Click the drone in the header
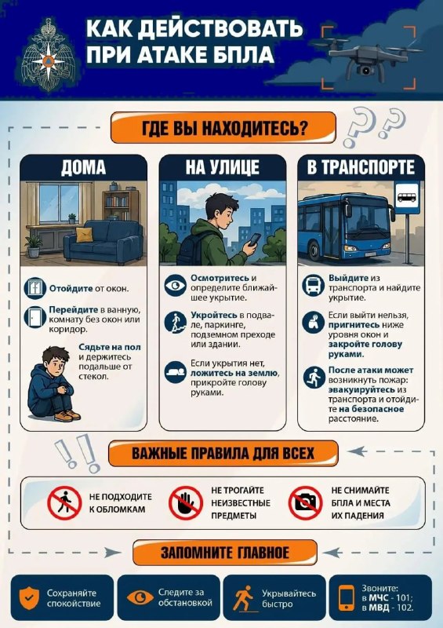(367, 56)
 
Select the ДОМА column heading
(84, 167)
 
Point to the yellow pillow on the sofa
(85, 234)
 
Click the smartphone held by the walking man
(254, 240)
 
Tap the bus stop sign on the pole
(408, 198)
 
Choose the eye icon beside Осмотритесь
(176, 285)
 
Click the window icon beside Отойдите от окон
(34, 288)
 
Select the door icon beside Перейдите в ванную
(34, 317)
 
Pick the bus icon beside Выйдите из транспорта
(313, 285)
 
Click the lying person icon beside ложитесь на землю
(176, 372)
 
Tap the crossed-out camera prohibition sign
(306, 502)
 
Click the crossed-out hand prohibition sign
(185, 503)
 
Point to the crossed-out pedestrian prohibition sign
(64, 503)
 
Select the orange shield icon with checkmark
(29, 598)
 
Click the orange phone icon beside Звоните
(347, 598)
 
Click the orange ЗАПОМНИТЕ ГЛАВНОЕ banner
(225, 553)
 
